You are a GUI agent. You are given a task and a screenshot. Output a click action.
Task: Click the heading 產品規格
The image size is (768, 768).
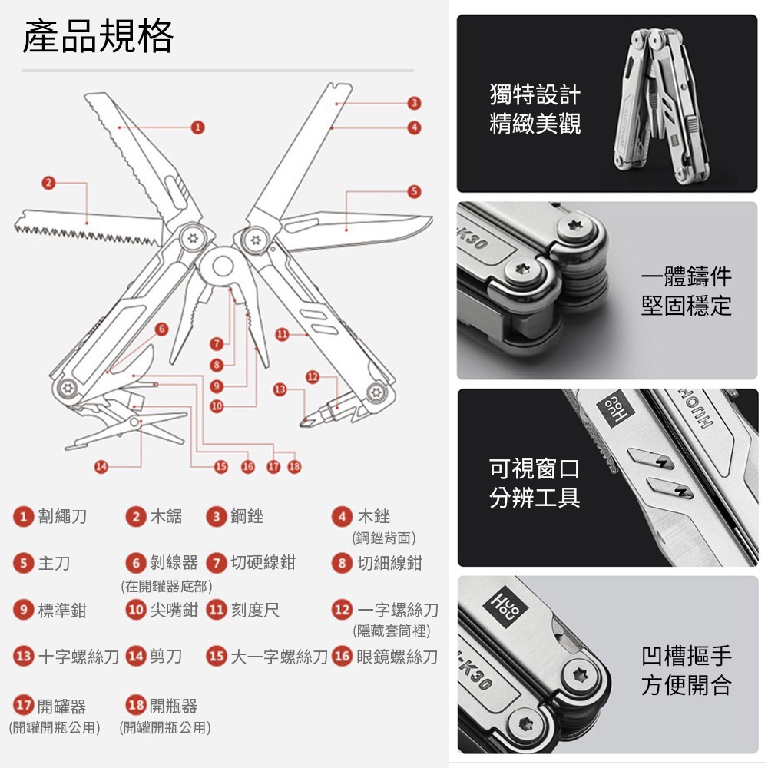[x=98, y=36]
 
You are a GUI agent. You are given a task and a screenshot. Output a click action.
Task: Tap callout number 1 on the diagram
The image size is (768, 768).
[x=197, y=127]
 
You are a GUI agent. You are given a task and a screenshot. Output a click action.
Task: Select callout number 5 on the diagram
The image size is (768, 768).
[x=415, y=191]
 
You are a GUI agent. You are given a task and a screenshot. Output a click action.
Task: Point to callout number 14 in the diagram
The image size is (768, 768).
[x=101, y=466]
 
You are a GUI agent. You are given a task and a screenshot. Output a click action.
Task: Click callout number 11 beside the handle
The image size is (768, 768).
[x=282, y=335]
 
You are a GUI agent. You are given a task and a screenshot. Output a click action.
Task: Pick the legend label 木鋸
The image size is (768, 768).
[x=166, y=516]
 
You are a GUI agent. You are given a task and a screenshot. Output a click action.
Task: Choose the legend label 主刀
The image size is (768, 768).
[x=54, y=563]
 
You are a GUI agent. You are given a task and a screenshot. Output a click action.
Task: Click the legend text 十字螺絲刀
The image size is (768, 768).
[x=78, y=657]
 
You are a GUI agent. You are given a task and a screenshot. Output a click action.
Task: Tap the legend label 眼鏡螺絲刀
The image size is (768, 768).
[x=397, y=657]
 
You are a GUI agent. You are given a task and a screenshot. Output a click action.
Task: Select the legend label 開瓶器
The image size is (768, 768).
[x=174, y=706]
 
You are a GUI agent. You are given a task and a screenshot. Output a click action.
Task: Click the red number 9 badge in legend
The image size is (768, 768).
[x=23, y=611]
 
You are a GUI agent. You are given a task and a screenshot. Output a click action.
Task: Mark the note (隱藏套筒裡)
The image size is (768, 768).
[x=392, y=631]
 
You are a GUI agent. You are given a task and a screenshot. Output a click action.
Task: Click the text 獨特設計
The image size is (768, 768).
[x=535, y=94]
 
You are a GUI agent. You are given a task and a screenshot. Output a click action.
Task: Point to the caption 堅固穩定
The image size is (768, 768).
[x=686, y=306]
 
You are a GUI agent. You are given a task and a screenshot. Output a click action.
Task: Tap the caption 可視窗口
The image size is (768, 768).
[x=535, y=468]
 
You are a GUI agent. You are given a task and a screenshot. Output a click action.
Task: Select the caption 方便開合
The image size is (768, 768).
[x=686, y=685]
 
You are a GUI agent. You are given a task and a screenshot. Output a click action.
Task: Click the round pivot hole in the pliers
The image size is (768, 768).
[x=223, y=267]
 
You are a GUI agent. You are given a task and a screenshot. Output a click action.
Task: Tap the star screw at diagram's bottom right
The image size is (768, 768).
[x=376, y=392]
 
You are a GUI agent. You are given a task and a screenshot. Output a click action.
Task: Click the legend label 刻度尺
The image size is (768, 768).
[x=255, y=611]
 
